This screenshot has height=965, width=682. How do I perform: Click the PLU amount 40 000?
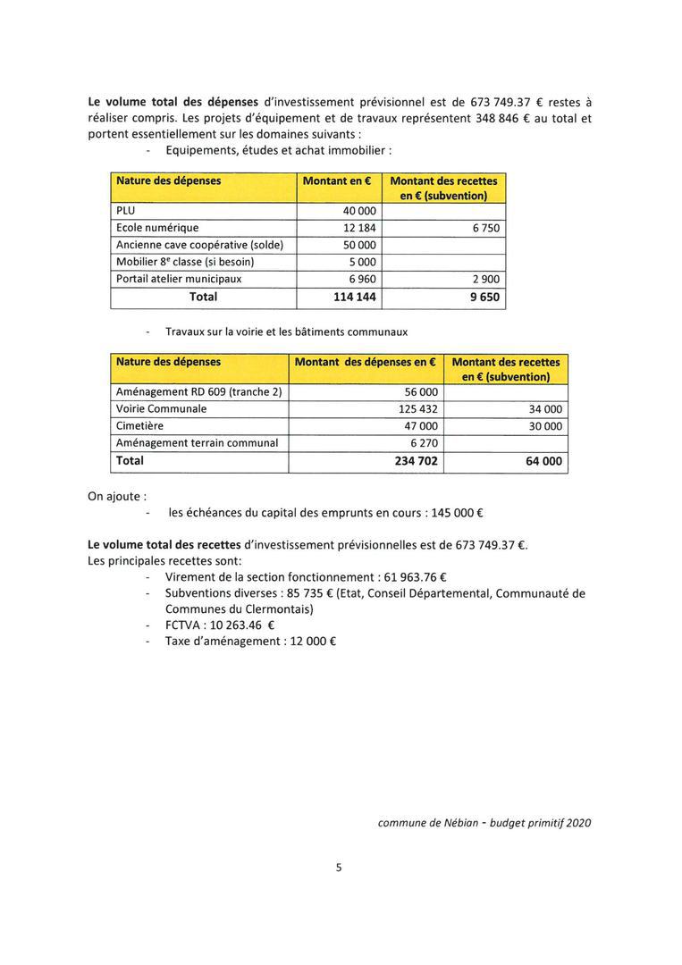tap(360, 211)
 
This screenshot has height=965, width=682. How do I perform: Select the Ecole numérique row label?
tap(158, 228)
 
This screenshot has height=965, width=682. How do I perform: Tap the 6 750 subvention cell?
tap(485, 228)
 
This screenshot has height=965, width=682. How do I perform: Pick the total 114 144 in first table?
tap(354, 297)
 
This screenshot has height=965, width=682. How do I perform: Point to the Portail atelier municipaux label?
tap(179, 279)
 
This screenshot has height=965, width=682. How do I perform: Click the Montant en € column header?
tap(338, 180)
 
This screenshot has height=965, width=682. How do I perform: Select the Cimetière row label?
tap(140, 426)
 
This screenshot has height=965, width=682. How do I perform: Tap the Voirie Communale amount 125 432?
tap(417, 409)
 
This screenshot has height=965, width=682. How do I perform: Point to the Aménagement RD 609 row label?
tap(199, 392)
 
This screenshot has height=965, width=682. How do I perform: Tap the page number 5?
tap(340, 866)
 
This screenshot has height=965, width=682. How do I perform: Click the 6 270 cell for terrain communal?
tap(424, 443)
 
